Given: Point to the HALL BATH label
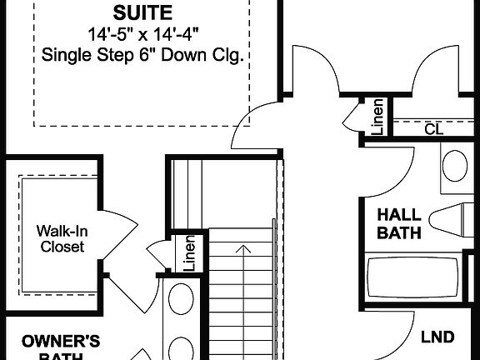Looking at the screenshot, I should (399, 223).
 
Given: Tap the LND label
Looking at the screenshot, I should (437, 337).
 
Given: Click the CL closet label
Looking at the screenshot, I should (433, 129).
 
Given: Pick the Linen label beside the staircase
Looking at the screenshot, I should (188, 254).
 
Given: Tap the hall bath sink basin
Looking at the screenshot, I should (455, 165).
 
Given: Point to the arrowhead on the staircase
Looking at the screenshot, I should (242, 248).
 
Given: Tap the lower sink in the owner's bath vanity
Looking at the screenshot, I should (179, 346).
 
